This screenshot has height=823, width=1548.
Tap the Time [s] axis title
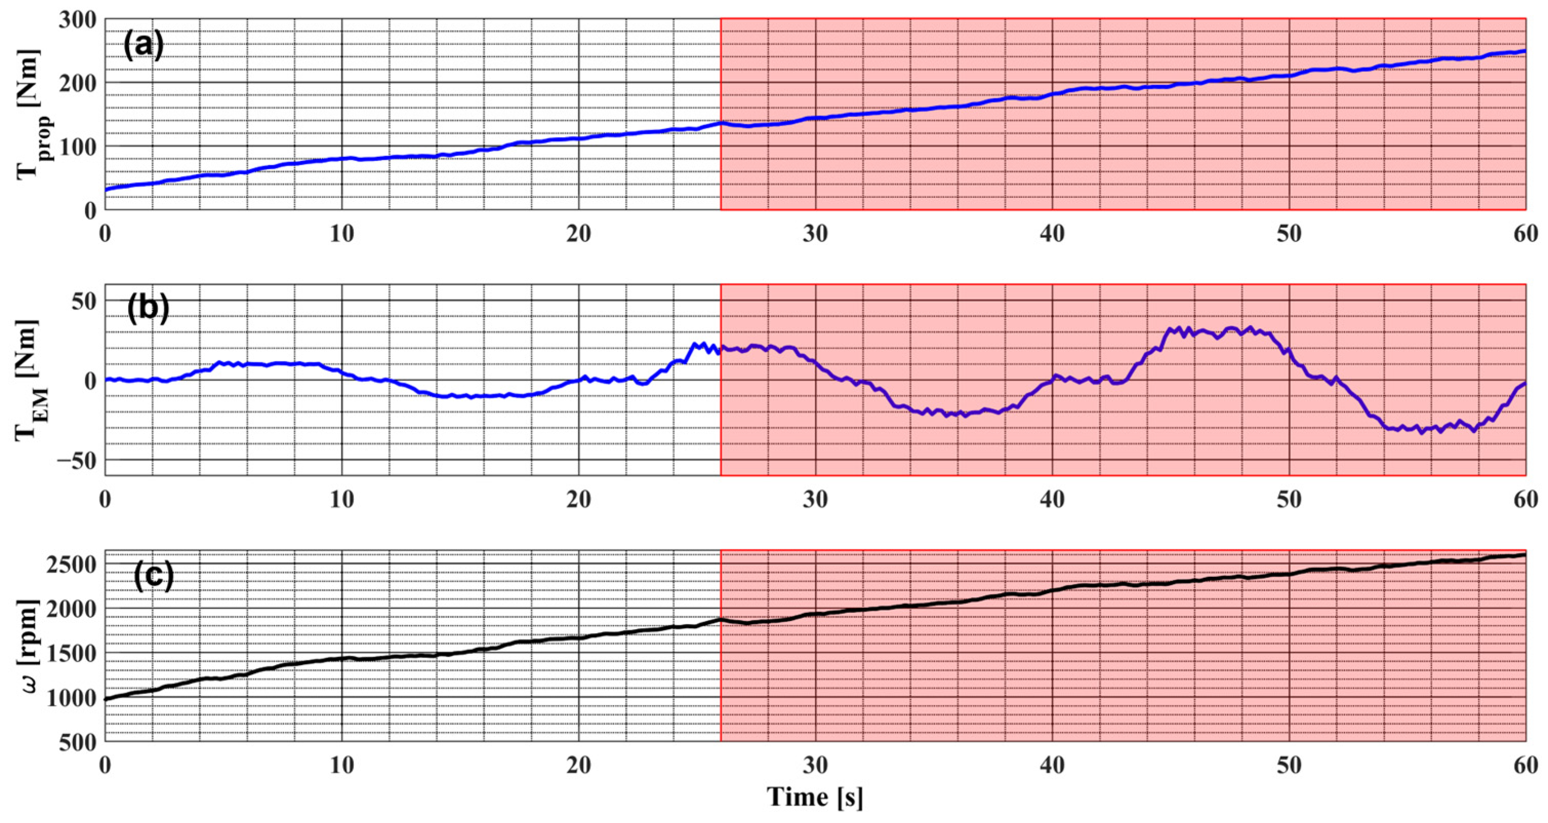pos(815,797)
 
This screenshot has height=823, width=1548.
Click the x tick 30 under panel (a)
pos(815,233)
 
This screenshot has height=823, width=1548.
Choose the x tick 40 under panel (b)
pos(1052,499)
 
